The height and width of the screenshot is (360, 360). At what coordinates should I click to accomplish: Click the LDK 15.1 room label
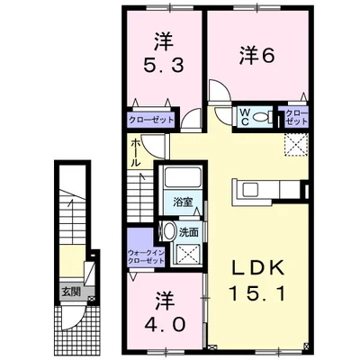click(257, 280)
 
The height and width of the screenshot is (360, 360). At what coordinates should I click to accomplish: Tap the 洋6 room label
click(257, 56)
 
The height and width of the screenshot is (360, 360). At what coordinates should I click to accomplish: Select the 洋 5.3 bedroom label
click(164, 53)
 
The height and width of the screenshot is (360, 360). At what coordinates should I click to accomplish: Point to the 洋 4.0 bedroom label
click(164, 312)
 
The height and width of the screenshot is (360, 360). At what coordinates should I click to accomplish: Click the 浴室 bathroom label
click(182, 202)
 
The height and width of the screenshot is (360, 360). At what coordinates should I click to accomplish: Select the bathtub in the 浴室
click(183, 178)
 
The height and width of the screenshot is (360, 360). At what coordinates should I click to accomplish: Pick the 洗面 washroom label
click(189, 232)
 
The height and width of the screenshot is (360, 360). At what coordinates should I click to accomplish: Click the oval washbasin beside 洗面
click(168, 231)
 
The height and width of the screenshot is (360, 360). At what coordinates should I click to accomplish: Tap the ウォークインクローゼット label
click(146, 256)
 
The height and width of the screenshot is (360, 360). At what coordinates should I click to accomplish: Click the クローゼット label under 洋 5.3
click(151, 120)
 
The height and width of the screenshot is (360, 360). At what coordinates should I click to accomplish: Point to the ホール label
click(135, 153)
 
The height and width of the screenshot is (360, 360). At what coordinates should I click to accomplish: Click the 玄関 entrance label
click(71, 292)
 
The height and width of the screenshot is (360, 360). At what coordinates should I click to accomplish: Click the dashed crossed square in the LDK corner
click(296, 145)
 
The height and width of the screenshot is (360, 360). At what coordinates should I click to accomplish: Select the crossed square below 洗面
click(188, 255)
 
